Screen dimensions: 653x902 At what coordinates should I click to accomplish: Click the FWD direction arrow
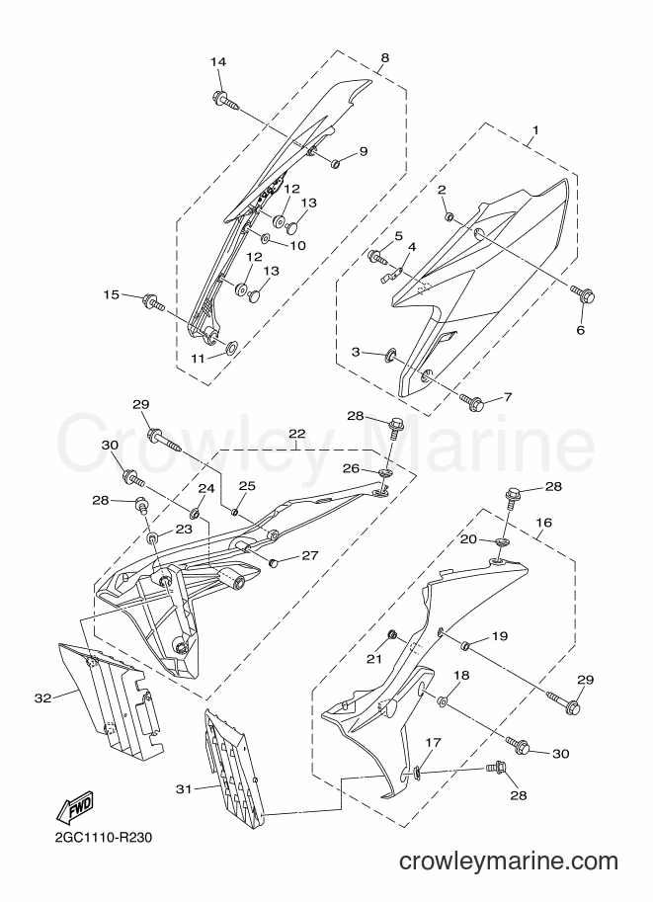[74, 809]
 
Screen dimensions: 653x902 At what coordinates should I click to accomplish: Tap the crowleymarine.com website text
[508, 861]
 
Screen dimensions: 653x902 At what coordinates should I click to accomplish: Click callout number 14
[218, 62]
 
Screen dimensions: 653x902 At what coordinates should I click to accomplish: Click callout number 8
[385, 57]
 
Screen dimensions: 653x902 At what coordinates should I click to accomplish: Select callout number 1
[535, 130]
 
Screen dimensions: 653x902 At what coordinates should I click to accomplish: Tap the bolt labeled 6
[583, 294]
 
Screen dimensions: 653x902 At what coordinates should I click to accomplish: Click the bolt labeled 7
[472, 400]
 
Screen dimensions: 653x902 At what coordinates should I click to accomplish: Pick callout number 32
[43, 697]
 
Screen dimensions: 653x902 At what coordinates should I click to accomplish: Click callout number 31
[184, 789]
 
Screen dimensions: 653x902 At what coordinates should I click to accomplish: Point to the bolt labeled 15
[152, 301]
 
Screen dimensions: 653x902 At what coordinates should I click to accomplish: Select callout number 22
[297, 433]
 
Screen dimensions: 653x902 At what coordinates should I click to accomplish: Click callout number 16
[543, 523]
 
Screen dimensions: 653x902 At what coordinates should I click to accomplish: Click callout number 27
[309, 555]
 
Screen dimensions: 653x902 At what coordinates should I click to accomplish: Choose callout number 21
[374, 659]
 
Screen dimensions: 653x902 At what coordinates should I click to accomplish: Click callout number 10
[297, 246]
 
